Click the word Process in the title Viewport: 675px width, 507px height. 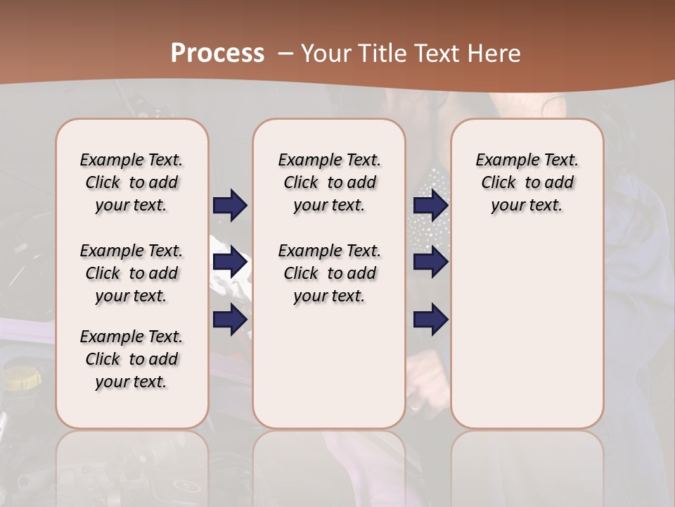pyautogui.click(x=217, y=54)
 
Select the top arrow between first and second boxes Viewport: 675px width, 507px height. pyautogui.click(x=230, y=205)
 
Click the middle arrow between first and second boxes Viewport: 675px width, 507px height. pyautogui.click(x=230, y=263)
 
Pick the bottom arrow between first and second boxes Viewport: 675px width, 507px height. pyautogui.click(x=230, y=320)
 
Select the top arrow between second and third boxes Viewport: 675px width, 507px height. pyautogui.click(x=431, y=205)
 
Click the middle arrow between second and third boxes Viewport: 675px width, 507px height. pyautogui.click(x=431, y=263)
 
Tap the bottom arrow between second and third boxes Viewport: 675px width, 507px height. pyautogui.click(x=431, y=320)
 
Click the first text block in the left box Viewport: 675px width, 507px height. pyautogui.click(x=131, y=182)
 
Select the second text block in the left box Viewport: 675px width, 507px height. pyautogui.click(x=131, y=273)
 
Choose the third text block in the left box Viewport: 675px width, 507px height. pyautogui.click(x=131, y=359)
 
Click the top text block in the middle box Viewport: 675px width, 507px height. pyautogui.click(x=330, y=182)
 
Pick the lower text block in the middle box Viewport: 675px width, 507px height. pyautogui.click(x=330, y=273)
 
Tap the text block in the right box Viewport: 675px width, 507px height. pyautogui.click(x=527, y=182)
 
